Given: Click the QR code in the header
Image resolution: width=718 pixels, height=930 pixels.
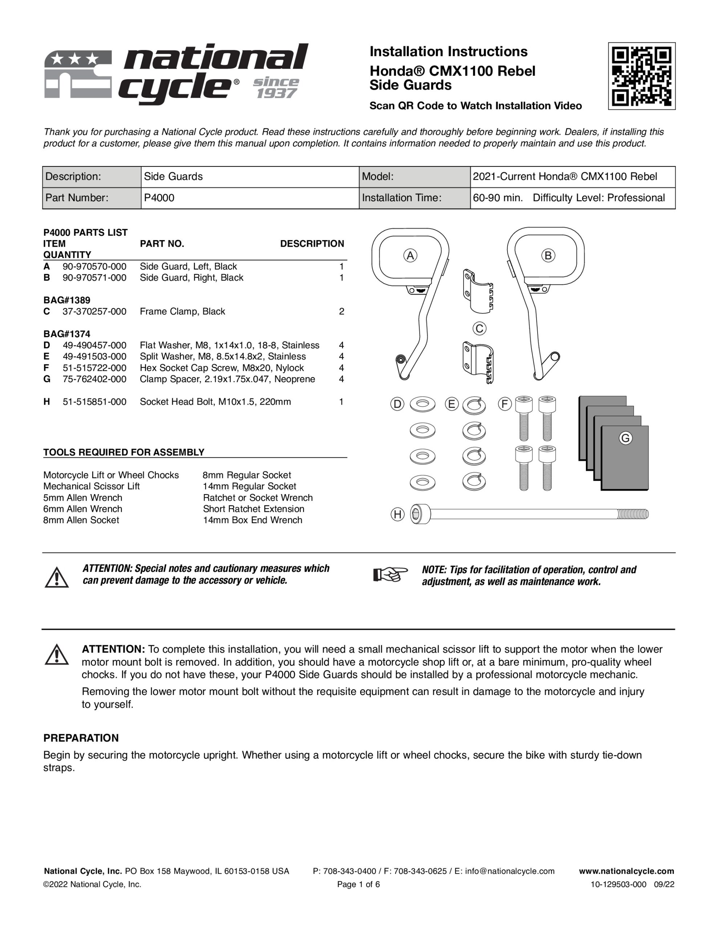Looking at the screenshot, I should [x=641, y=76].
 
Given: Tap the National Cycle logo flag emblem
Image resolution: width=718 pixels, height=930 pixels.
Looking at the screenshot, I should [x=78, y=75].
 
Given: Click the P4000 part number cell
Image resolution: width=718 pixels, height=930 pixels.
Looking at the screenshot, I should [x=159, y=198].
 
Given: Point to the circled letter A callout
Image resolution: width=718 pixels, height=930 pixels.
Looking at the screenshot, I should [x=410, y=255].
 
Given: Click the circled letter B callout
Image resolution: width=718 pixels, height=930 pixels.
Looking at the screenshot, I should [x=548, y=255].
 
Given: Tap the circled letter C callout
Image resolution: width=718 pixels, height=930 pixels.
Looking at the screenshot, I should [x=479, y=328].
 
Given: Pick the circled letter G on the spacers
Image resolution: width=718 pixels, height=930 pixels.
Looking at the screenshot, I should [x=625, y=438].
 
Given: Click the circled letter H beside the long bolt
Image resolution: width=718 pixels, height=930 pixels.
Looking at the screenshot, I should [x=397, y=514].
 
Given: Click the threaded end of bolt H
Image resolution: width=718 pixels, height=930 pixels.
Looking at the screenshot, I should [x=633, y=514].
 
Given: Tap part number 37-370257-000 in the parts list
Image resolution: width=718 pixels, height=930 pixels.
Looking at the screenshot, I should [x=94, y=312].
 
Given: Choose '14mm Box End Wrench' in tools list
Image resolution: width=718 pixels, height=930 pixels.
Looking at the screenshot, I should [x=252, y=520].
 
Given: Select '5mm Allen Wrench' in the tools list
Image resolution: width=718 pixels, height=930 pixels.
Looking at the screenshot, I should [x=82, y=498].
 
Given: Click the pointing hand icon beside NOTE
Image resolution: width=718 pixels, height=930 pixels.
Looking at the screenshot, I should [x=390, y=575].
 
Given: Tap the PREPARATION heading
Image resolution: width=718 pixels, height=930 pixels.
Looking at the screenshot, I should [x=81, y=738].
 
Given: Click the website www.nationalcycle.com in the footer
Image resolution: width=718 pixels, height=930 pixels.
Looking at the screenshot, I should [x=627, y=871].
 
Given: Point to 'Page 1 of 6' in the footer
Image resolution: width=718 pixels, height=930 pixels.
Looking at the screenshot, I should [x=358, y=885].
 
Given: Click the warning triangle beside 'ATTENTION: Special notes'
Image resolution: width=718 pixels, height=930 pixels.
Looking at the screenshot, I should [x=57, y=577].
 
